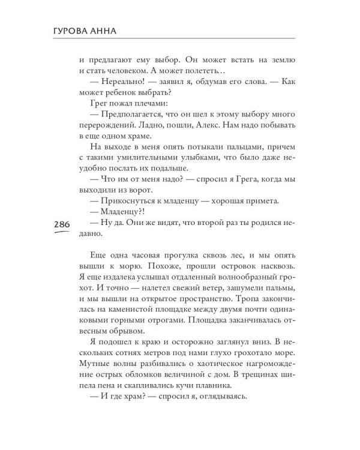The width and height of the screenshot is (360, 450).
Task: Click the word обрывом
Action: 126,331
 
